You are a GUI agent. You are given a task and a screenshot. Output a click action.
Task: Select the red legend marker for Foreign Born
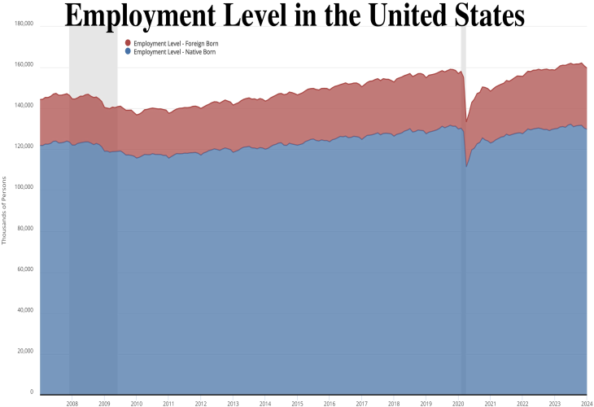click(x=128, y=42)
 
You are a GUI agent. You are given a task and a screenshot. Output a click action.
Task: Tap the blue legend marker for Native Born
click(x=128, y=51)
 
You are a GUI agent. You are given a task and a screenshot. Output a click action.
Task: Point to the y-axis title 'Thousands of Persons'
click(x=6, y=209)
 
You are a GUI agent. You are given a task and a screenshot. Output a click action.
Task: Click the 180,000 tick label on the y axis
click(x=24, y=24)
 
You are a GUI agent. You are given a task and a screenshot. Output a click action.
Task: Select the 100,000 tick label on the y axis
click(x=24, y=187)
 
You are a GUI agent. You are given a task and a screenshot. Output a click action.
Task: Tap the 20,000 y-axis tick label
click(x=24, y=351)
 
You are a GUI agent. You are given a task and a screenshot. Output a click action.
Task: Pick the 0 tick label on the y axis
click(x=32, y=392)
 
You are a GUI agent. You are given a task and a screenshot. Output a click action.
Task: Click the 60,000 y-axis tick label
click(x=24, y=269)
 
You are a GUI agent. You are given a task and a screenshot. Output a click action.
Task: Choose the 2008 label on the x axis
click(x=72, y=403)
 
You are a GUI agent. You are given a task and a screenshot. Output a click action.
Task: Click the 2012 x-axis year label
click(x=201, y=403)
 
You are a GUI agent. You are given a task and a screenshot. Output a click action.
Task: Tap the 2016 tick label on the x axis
click(x=330, y=403)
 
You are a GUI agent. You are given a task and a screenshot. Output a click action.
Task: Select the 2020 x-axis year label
click(x=458, y=403)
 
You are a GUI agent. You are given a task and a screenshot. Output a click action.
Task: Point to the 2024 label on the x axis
click(x=586, y=403)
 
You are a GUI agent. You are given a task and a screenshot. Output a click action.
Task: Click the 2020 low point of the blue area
click(x=466, y=167)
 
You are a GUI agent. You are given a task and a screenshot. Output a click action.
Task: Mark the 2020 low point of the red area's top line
click(x=466, y=122)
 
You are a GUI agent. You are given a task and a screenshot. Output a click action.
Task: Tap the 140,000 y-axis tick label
click(x=24, y=106)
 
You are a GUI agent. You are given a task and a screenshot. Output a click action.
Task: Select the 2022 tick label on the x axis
click(x=522, y=403)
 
